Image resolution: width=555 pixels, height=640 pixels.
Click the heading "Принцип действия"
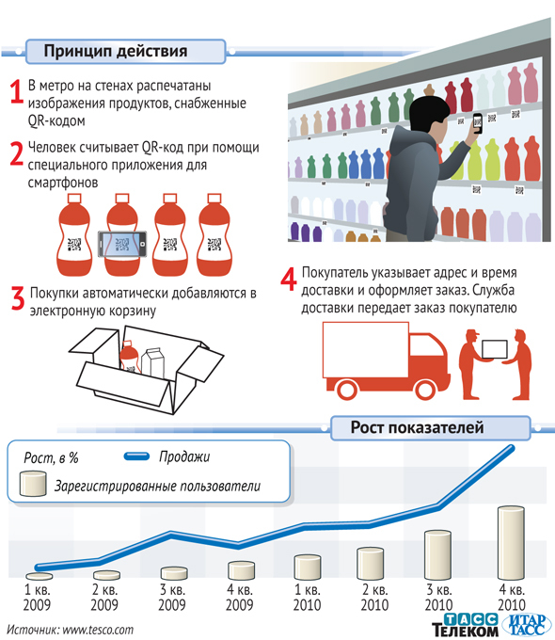(116, 52)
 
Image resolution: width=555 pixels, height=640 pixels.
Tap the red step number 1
(16, 91)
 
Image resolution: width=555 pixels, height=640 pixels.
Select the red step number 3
(18, 298)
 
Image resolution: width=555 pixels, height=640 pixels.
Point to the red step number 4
(289, 279)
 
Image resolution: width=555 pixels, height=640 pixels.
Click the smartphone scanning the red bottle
(122, 244)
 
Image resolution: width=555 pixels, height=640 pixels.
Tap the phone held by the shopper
(478, 123)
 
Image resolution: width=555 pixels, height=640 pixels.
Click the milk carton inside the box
(152, 363)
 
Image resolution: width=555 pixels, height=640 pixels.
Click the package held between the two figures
(495, 349)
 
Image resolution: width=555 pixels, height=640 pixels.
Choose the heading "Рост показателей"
(417, 427)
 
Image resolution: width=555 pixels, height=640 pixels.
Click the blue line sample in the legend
(136, 456)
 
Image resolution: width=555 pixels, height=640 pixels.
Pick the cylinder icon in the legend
(33, 484)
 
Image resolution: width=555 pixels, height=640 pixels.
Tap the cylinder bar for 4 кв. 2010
(511, 543)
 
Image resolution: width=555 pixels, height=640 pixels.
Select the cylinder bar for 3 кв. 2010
(437, 555)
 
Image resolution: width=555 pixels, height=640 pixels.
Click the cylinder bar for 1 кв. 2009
(40, 576)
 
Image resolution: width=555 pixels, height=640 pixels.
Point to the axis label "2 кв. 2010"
(374, 597)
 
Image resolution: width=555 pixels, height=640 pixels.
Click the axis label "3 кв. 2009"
(172, 597)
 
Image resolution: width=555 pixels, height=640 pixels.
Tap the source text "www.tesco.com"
(98, 630)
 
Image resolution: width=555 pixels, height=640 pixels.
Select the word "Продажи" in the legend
(184, 456)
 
